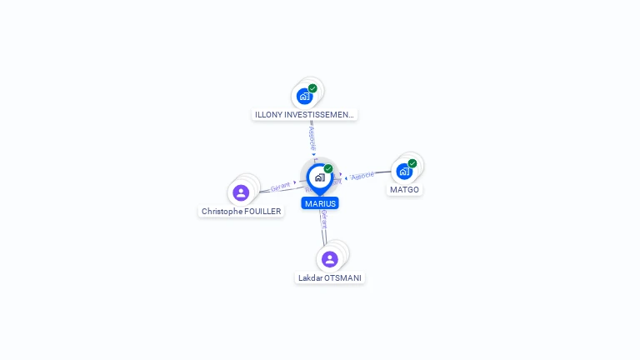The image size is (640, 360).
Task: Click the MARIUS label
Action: [x=320, y=203]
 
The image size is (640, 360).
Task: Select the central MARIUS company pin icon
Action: [x=320, y=177]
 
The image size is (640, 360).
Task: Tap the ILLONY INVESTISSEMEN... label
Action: [x=305, y=114]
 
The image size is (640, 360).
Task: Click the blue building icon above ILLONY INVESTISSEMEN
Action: [x=304, y=96]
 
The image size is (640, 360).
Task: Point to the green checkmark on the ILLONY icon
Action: [x=312, y=88]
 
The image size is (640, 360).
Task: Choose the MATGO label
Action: [x=404, y=190]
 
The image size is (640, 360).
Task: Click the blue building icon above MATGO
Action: [x=404, y=172]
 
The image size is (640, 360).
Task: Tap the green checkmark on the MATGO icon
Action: [x=412, y=163]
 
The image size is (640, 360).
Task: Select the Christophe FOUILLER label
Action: [x=242, y=212]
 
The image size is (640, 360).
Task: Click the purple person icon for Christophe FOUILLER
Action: [x=241, y=192]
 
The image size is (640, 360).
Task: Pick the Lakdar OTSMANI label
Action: [x=331, y=277]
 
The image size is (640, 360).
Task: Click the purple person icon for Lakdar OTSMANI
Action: [x=330, y=259]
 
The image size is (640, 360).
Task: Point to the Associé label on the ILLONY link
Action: [x=312, y=133]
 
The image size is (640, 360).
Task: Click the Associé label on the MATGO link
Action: [x=362, y=176]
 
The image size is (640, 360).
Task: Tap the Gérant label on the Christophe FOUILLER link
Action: [x=280, y=187]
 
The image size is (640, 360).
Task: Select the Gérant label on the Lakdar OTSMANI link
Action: [x=323, y=220]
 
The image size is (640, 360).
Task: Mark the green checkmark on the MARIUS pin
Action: [x=328, y=169]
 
